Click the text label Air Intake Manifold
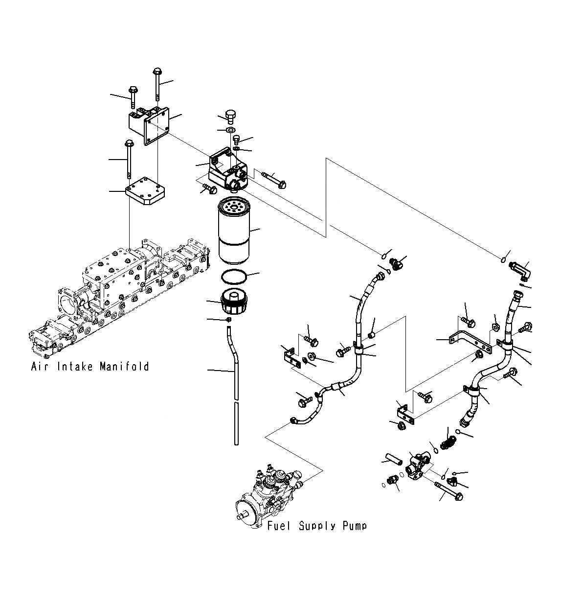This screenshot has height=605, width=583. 90,367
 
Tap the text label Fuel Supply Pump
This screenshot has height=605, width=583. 317,526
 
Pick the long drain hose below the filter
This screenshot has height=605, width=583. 235,382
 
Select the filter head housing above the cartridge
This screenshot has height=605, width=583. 228,172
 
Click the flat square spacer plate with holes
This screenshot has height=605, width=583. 146,191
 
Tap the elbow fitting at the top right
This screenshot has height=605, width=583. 520,269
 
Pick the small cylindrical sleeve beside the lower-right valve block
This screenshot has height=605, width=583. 393,460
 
